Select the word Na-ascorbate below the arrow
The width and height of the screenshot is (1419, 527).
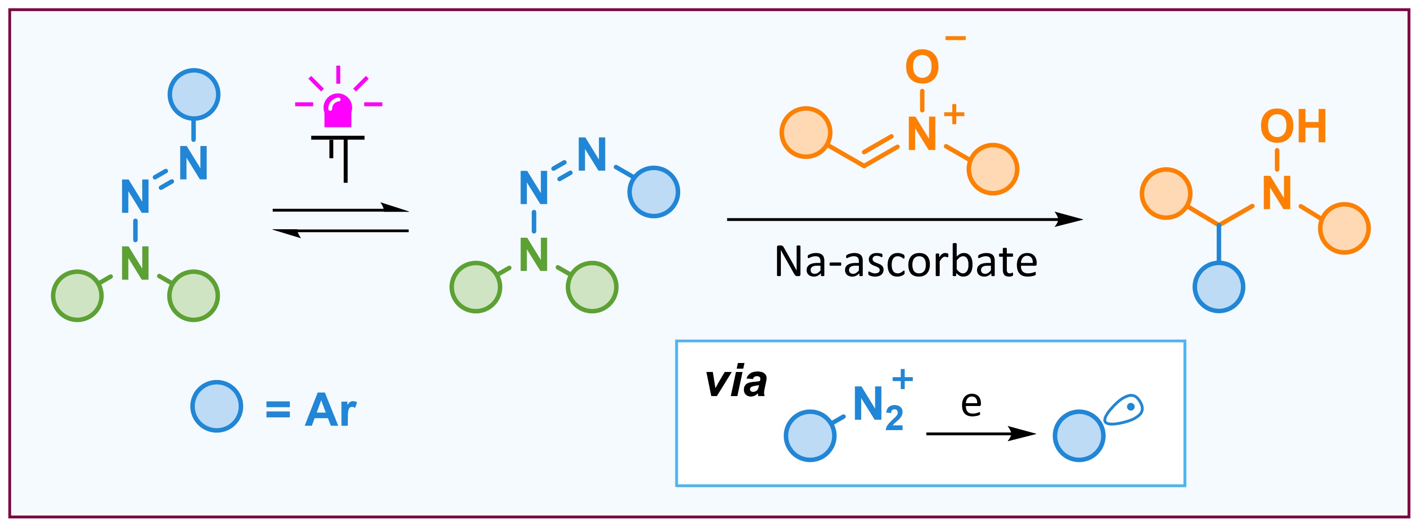[x=906, y=261]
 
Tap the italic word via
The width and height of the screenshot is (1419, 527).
[x=736, y=382]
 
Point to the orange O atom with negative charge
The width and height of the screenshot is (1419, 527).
[x=922, y=67]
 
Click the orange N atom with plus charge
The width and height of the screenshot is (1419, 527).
[x=922, y=134]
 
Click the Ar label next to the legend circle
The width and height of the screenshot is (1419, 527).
[x=330, y=410]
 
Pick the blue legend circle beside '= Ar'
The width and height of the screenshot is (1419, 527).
[x=217, y=406]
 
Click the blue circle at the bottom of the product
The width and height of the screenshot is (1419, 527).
[x=1219, y=287]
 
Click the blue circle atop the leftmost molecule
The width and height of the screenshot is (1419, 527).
[x=194, y=94]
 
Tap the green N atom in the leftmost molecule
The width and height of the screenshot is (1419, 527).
[x=136, y=263]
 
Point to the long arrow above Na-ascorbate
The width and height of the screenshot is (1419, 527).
[x=905, y=219]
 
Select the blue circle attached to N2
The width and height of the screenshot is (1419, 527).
[x=810, y=436]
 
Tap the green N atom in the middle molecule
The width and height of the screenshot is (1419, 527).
[x=533, y=254]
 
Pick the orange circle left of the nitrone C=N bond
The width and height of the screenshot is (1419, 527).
[x=806, y=133]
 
